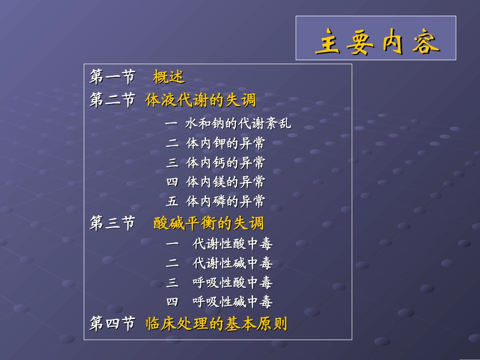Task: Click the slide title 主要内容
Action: coord(377,43)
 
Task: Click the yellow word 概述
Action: coord(169,77)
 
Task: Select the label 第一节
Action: coord(112,77)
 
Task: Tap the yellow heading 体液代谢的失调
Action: coord(201,100)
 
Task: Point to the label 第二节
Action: coord(112,100)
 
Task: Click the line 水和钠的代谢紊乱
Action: coord(238,124)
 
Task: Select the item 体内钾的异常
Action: coord(225,143)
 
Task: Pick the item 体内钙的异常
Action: coord(225,163)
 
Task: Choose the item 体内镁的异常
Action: coord(225,182)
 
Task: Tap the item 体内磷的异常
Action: coord(225,201)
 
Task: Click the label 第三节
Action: coord(112,223)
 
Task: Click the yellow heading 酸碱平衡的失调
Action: coord(209,223)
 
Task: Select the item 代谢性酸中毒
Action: coord(232,244)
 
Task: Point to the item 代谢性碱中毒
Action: coord(232,263)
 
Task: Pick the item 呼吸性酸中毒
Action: coord(232,282)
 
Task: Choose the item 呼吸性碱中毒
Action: coord(232,302)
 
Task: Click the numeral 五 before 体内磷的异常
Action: coord(172,201)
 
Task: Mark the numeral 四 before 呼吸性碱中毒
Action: coord(172,302)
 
